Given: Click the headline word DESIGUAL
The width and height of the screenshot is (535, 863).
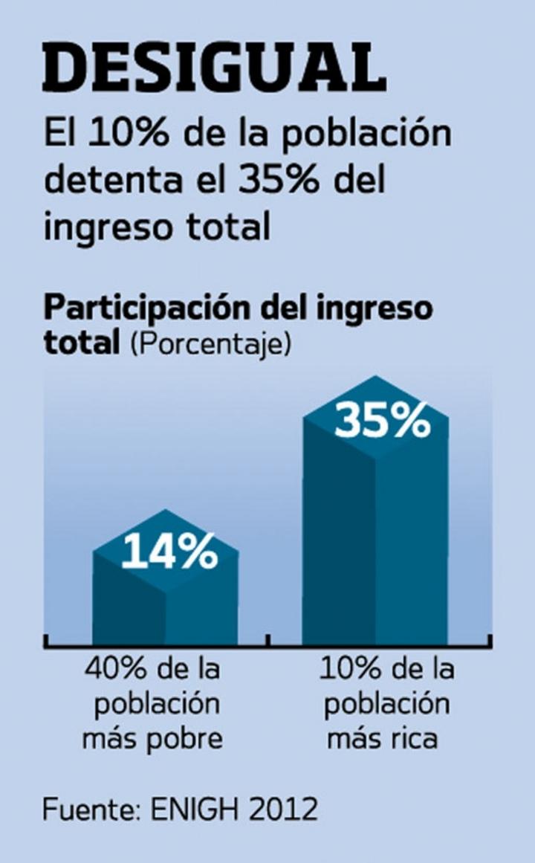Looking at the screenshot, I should [x=214, y=68].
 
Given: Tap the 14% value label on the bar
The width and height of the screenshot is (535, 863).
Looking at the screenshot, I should [x=169, y=552].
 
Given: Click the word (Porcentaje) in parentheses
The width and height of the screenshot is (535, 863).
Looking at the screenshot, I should [x=210, y=345].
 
